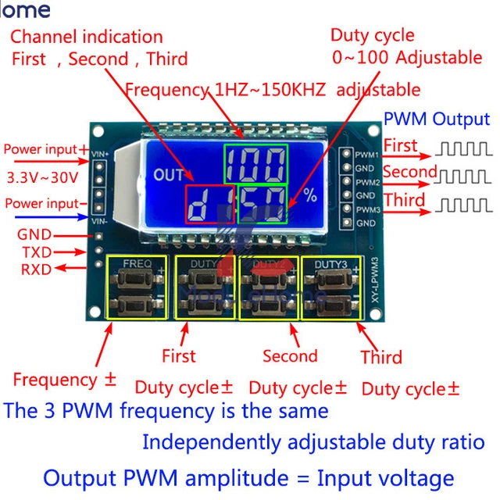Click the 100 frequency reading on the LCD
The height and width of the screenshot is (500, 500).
(x=255, y=164)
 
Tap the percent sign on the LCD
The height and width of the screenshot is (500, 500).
(x=311, y=196)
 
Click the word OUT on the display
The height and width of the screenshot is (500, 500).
(x=169, y=175)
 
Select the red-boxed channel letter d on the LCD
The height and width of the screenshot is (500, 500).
(x=209, y=205)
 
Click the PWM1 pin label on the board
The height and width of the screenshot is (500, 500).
(x=367, y=155)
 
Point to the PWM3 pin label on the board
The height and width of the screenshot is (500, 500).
(x=367, y=210)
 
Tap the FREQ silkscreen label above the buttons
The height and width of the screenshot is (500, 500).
(x=137, y=264)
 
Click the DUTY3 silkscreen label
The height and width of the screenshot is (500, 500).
(x=331, y=264)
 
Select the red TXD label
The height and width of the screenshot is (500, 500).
(x=35, y=252)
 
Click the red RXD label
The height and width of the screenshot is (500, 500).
(x=35, y=270)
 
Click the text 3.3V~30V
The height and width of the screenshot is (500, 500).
(x=42, y=177)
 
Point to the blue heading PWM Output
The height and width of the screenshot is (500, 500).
(x=436, y=119)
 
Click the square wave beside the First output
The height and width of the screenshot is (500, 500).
(x=464, y=147)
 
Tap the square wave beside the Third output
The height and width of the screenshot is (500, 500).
(x=464, y=205)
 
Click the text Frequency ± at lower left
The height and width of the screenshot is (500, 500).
(x=65, y=380)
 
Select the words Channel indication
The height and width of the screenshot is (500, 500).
(x=87, y=37)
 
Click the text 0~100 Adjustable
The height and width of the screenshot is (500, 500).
(x=406, y=57)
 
